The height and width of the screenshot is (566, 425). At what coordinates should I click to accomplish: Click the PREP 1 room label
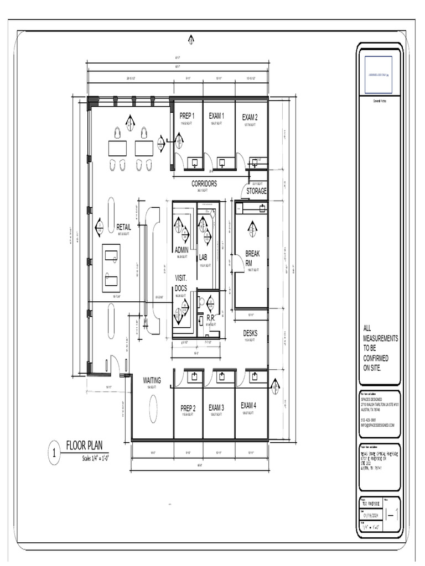click(186, 116)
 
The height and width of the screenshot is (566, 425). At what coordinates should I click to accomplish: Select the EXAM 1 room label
click(216, 116)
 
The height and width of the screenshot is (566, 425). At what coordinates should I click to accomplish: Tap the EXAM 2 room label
click(250, 117)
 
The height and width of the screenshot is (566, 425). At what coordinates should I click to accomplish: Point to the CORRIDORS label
click(204, 184)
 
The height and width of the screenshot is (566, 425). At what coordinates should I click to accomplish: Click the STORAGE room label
click(256, 191)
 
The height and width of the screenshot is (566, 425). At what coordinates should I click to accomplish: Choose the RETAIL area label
click(124, 227)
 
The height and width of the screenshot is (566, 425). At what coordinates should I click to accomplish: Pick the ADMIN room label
click(182, 250)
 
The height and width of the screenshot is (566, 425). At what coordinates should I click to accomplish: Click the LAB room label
click(203, 257)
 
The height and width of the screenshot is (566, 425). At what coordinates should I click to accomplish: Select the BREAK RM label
click(252, 258)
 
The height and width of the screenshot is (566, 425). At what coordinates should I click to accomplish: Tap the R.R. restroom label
click(211, 318)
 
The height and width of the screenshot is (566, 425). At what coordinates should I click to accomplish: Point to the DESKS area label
click(250, 333)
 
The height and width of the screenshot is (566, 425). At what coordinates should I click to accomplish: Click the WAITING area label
click(152, 380)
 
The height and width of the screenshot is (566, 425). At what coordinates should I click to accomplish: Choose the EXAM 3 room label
click(216, 407)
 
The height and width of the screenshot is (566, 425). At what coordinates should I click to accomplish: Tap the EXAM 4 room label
click(248, 405)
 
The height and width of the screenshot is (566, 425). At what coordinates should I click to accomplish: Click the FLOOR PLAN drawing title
click(84, 446)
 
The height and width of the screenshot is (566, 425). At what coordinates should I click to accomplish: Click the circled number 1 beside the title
click(54, 454)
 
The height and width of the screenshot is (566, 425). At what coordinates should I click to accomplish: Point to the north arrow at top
click(191, 39)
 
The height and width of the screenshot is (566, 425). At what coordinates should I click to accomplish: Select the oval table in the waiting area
click(153, 409)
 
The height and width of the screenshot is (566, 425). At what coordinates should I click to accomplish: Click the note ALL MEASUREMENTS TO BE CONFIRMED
click(380, 348)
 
